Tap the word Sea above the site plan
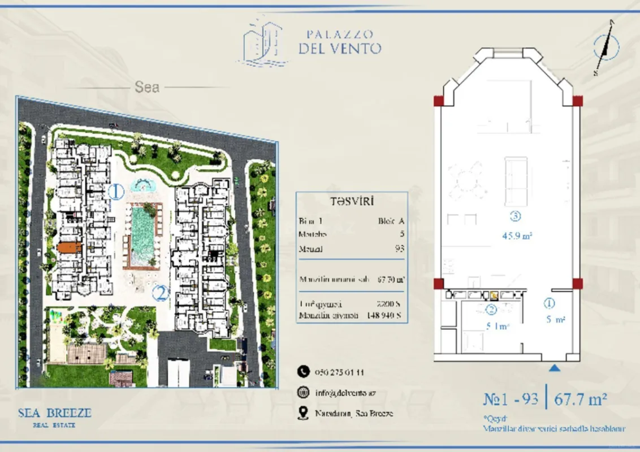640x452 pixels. coord(147,88)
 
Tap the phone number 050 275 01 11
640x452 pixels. coord(339,372)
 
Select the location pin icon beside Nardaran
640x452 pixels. coord(304,413)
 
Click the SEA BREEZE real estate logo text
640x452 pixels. coord(54,414)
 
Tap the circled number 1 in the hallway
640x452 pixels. coord(550,303)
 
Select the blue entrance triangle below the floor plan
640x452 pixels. coord(555,368)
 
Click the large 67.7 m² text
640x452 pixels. coord(581,400)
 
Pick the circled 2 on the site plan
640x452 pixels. coord(161,293)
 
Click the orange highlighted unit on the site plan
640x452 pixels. coord(70,247)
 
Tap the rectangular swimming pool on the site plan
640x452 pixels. coord(142,236)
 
